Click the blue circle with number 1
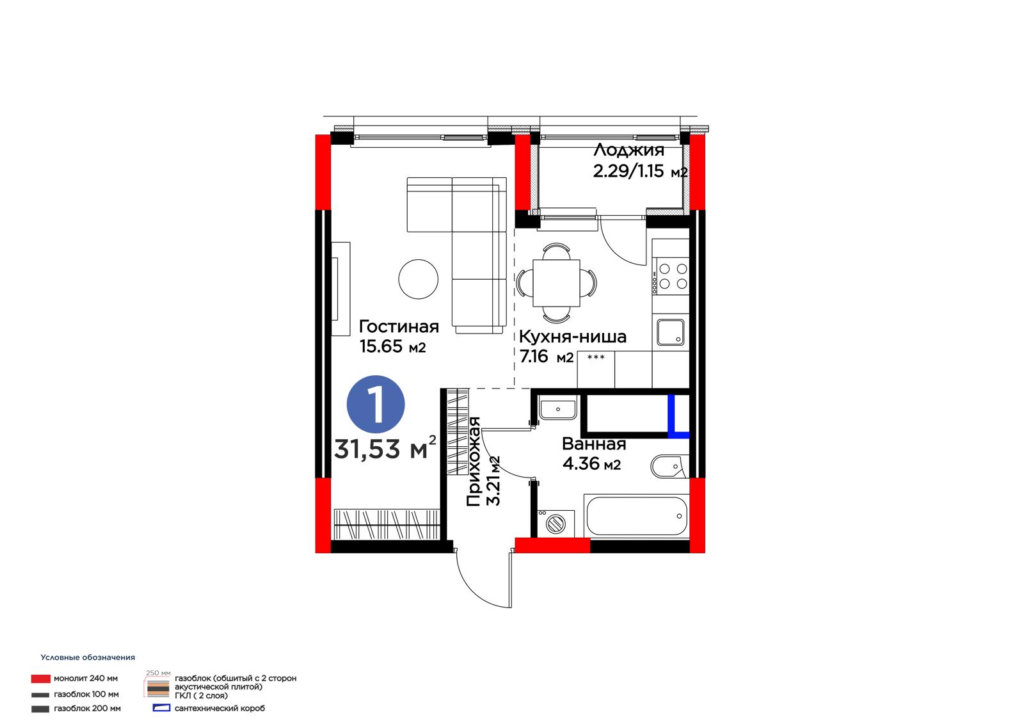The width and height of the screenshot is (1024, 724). tap(375, 405)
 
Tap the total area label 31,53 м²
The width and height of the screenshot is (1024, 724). tap(385, 447)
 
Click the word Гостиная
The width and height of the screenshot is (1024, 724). tap(399, 326)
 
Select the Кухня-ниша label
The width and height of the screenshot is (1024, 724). tap(573, 337)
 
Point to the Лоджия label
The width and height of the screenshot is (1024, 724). tap(628, 150)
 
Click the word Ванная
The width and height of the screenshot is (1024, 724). tap(594, 444)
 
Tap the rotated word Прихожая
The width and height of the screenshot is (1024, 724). tap(474, 462)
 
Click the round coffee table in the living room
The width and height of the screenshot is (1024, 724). tap(419, 280)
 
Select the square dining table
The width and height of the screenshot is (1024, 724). tap(556, 283)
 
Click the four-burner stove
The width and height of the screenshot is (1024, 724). tap(671, 277)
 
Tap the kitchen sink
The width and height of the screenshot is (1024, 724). tap(671, 332)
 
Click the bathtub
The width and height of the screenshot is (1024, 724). tap(636, 515)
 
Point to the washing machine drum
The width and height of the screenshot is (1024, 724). tap(556, 524)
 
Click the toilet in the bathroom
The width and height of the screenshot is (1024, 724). tap(669, 467)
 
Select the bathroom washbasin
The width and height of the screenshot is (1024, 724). tap(557, 408)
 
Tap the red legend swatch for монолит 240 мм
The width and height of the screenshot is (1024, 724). tap(41, 679)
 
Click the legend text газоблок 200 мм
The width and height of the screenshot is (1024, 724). tap(87, 709)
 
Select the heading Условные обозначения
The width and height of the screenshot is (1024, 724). tap(88, 657)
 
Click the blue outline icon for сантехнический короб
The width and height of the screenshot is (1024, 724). tap(161, 708)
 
